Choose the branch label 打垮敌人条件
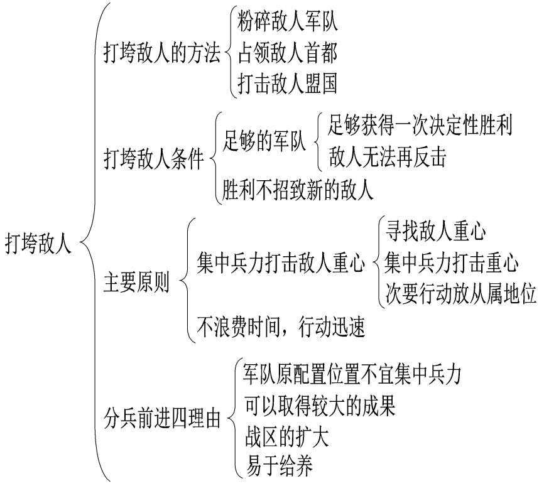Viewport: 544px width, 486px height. (x=154, y=160)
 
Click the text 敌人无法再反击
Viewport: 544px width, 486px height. (x=387, y=158)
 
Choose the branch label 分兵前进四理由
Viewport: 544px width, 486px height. (x=162, y=419)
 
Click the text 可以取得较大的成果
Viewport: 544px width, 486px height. (x=320, y=406)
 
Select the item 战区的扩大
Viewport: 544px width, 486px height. (x=286, y=436)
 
